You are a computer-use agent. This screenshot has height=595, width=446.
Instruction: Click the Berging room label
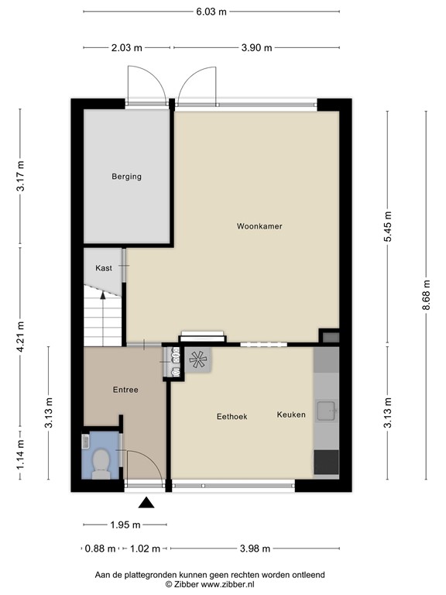[125, 177]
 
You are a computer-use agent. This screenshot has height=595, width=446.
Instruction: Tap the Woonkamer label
[259, 227]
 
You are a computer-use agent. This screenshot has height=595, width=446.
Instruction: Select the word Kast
[104, 268]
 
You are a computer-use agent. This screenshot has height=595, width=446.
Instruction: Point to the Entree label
[125, 390]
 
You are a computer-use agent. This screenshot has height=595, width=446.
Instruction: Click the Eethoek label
[232, 416]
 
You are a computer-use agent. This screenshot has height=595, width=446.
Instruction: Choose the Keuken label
[291, 414]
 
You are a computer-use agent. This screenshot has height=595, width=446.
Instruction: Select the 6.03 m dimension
[211, 12]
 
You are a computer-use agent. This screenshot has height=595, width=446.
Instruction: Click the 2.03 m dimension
[126, 47]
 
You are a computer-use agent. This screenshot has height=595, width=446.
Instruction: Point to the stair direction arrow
[103, 297]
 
